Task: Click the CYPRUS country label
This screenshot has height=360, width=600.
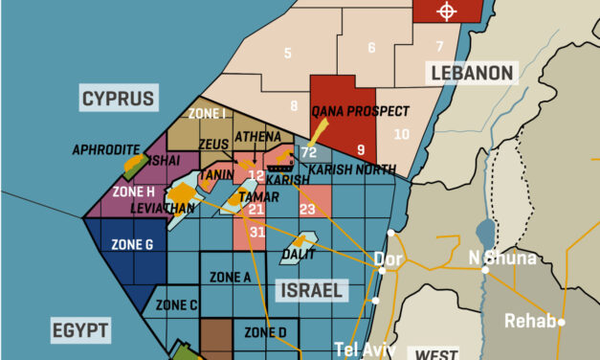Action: coord(118,98)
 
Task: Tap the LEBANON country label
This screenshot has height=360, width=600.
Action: coord(472,73)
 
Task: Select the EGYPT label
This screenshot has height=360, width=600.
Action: coord(80,331)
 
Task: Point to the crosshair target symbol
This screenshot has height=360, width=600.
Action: coord(446,11)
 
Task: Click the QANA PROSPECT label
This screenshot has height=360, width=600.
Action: coord(361,111)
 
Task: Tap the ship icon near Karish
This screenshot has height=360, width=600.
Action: coord(284,164)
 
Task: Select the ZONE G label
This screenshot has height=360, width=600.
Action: coord(132,244)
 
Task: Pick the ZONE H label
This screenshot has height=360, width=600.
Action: coord(133,191)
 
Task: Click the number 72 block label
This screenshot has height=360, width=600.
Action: coord(309,152)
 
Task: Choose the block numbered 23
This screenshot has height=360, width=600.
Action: coord(307,209)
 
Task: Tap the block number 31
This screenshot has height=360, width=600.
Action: coord(257,232)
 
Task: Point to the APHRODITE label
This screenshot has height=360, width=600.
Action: coord(106,150)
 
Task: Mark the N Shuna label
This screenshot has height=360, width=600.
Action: coord(502,257)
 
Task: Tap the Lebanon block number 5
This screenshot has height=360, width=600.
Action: coord(288,53)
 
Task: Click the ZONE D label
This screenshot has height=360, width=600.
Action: coord(265,332)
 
